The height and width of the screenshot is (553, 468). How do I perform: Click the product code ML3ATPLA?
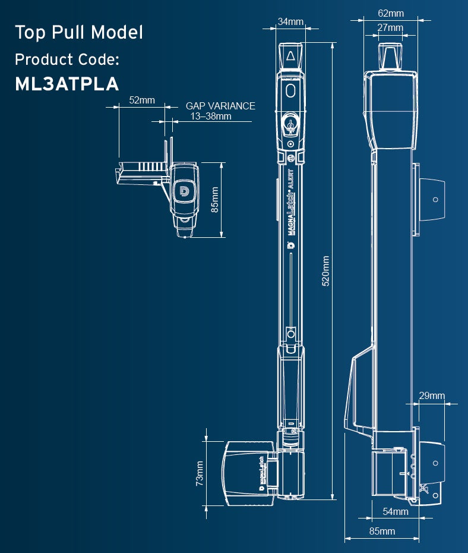pos(67,84)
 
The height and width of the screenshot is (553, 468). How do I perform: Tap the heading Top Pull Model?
pos(78,32)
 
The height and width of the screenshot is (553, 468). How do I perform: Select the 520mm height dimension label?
pos(325,272)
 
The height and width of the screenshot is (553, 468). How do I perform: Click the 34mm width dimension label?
pos(290,22)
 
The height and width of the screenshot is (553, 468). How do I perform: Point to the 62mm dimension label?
pos(390,13)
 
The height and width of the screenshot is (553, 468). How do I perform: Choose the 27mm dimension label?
pos(390,27)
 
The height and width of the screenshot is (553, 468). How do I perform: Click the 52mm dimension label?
pos(142,100)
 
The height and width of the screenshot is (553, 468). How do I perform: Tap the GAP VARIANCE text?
pos(220,106)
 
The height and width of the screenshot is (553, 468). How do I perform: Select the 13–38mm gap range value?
pos(211,116)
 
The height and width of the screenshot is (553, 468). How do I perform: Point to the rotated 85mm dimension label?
pos(215,199)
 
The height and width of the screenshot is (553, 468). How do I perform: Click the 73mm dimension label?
pos(200,473)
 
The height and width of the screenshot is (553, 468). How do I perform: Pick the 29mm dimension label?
pos(432,396)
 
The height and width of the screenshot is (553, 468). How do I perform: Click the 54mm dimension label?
pos(396,511)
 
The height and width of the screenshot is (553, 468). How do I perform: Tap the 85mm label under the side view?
pos(382,531)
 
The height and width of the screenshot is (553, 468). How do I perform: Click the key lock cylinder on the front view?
pos(290,124)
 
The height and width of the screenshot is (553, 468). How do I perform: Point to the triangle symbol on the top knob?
pos(290,56)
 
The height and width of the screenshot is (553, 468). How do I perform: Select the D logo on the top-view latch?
pos(184,191)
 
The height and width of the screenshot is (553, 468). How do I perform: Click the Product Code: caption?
pos(67,59)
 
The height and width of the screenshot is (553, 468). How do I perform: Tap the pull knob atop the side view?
pos(390,56)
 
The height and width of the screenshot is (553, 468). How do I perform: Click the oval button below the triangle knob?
pos(290,90)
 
